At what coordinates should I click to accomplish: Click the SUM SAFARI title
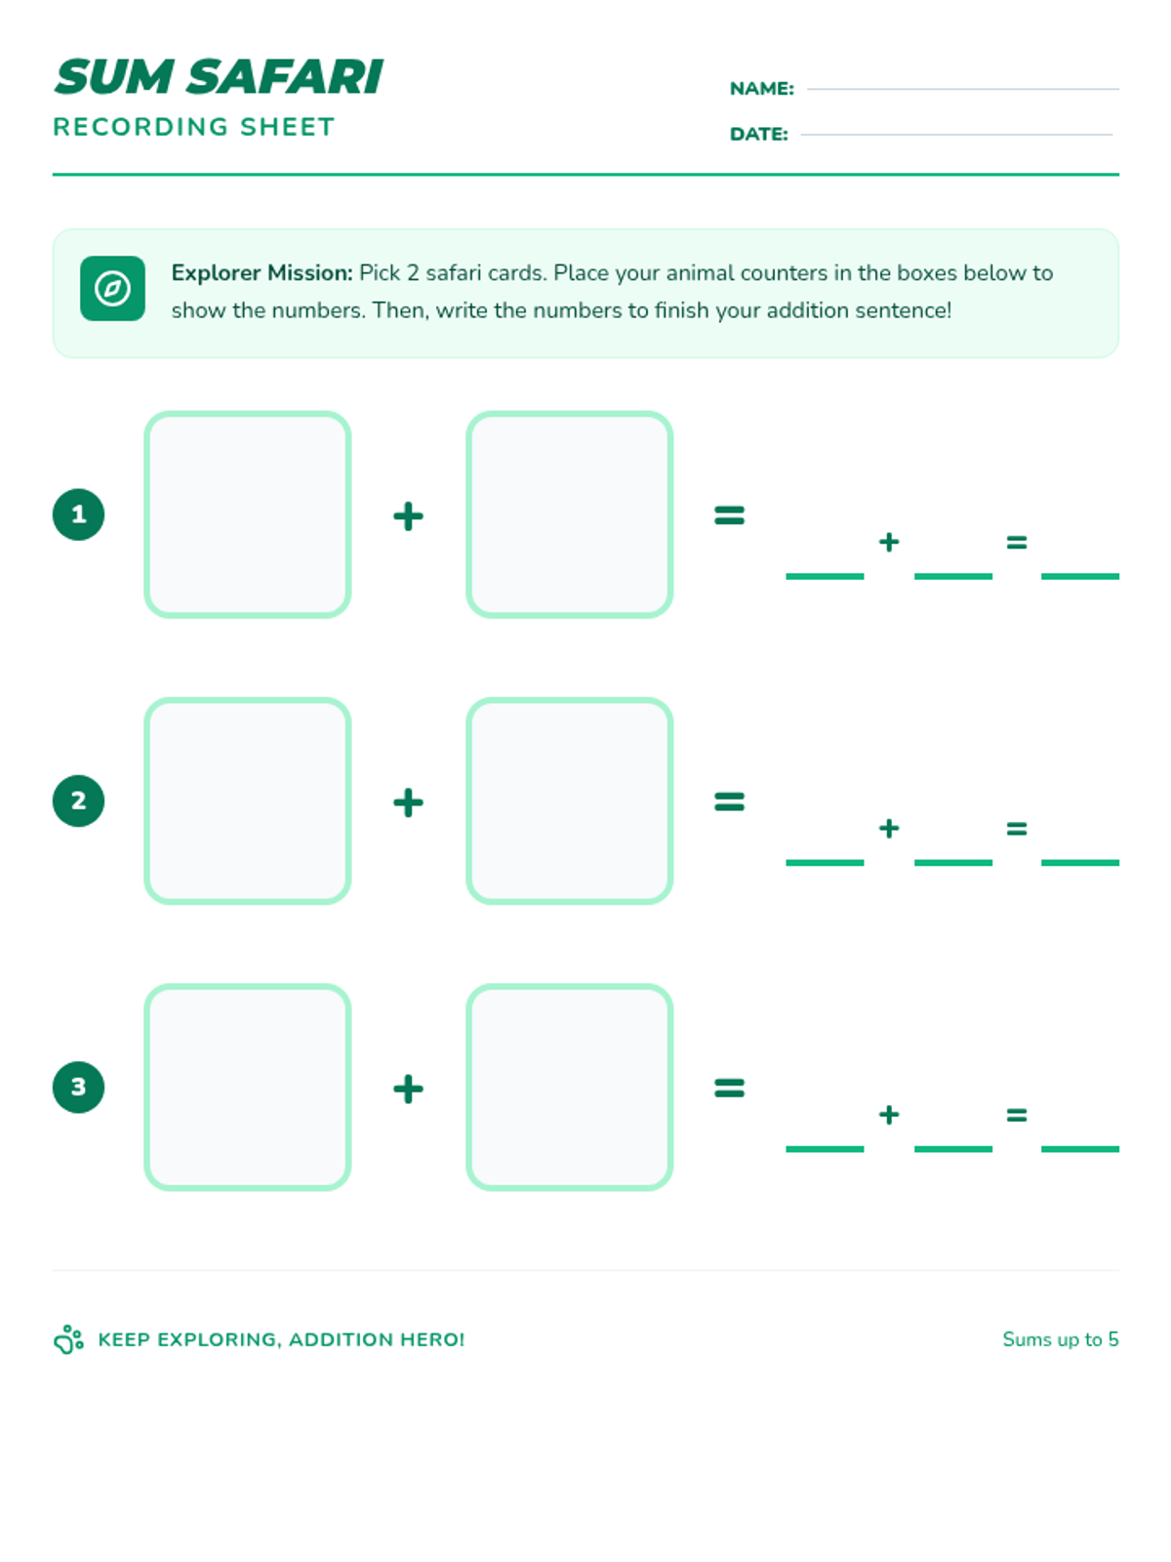pyautogui.click(x=219, y=77)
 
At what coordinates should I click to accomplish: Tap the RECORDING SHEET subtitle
pyautogui.click(x=193, y=127)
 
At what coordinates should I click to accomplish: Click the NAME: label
pyautogui.click(x=761, y=89)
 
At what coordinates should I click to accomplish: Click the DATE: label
pyautogui.click(x=758, y=134)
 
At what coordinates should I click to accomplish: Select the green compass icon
pyautogui.click(x=112, y=289)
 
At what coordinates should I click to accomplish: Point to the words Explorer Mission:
pyautogui.click(x=262, y=272)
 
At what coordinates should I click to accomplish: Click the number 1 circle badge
pyautogui.click(x=78, y=514)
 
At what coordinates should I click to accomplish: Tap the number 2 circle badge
pyautogui.click(x=78, y=801)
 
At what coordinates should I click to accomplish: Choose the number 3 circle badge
pyautogui.click(x=78, y=1087)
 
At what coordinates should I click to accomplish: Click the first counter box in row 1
pyautogui.click(x=248, y=514)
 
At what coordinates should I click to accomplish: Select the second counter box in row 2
pyautogui.click(x=570, y=801)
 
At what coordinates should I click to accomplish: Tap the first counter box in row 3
pyautogui.click(x=248, y=1087)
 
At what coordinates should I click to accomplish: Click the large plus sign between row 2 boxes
pyautogui.click(x=408, y=802)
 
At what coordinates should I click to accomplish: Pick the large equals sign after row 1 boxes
pyautogui.click(x=729, y=514)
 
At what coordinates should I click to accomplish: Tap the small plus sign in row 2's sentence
pyautogui.click(x=888, y=829)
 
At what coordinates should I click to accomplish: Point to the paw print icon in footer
pyautogui.click(x=68, y=1339)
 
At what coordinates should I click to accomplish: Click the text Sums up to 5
pyautogui.click(x=1060, y=1339)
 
